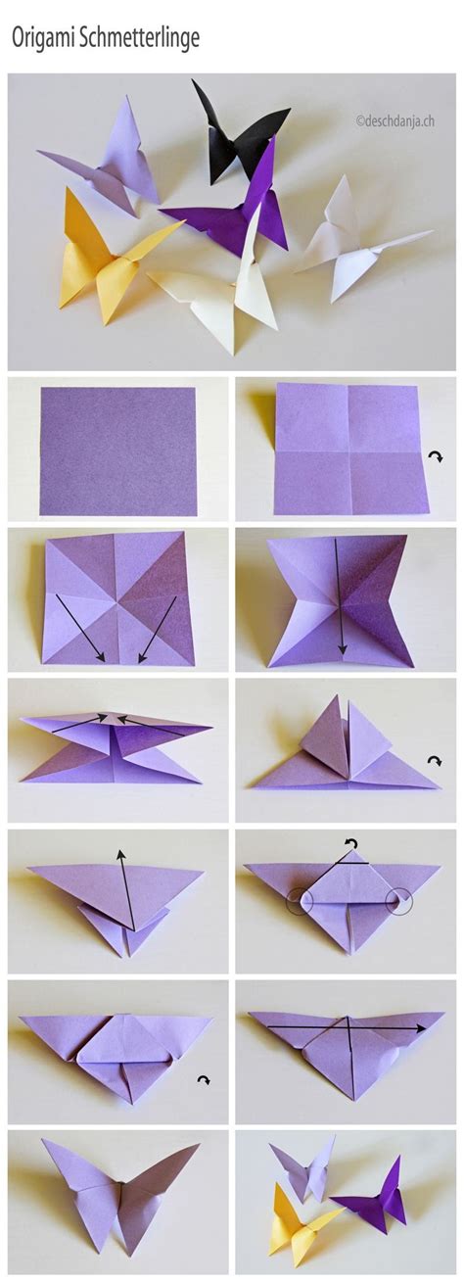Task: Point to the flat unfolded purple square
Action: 117,451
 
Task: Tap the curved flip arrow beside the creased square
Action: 436,457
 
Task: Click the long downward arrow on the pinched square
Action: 340,597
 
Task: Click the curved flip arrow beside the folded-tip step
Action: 203,1080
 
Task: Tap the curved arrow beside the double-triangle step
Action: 435,760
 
